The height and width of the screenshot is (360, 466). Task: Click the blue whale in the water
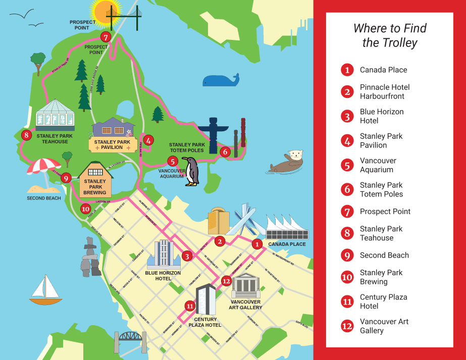[x=220, y=80]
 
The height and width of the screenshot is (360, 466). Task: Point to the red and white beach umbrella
[x=43, y=167]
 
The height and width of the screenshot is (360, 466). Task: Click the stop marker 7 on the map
[x=105, y=37]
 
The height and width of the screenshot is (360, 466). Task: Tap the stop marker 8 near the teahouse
[x=26, y=135]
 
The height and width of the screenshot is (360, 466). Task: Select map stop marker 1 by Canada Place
[x=257, y=244]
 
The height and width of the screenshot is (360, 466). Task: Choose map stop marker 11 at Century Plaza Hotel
[x=190, y=305]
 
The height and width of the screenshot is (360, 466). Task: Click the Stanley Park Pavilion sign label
[x=112, y=145]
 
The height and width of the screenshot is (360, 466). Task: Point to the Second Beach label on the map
[x=44, y=198]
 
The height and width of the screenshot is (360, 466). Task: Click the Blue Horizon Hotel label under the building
[x=163, y=276]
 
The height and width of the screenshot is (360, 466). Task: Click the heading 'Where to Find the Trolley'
[x=389, y=35]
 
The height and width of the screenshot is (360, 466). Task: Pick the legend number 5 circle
[x=347, y=165]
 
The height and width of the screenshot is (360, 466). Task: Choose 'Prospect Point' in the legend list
[x=385, y=212]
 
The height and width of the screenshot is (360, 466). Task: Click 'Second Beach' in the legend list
[x=384, y=255]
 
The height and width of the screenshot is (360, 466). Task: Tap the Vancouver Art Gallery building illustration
[x=246, y=286]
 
